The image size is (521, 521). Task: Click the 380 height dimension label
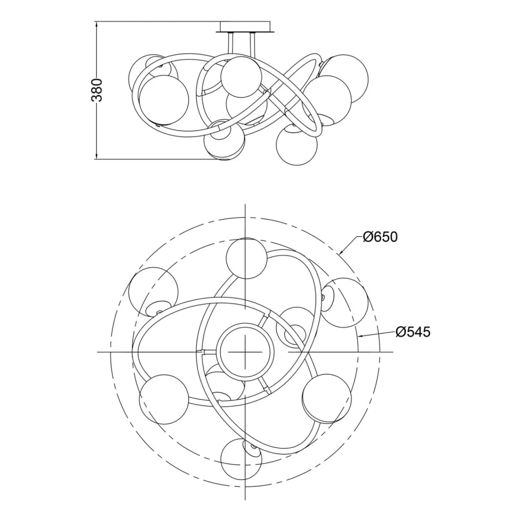click(97, 90)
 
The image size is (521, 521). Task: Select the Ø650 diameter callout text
click(380, 237)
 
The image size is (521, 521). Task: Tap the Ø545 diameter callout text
click(413, 332)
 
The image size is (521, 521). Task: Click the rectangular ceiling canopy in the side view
click(245, 27)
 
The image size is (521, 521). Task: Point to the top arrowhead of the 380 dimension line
click(97, 24)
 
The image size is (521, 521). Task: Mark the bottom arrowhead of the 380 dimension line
click(97, 155)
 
